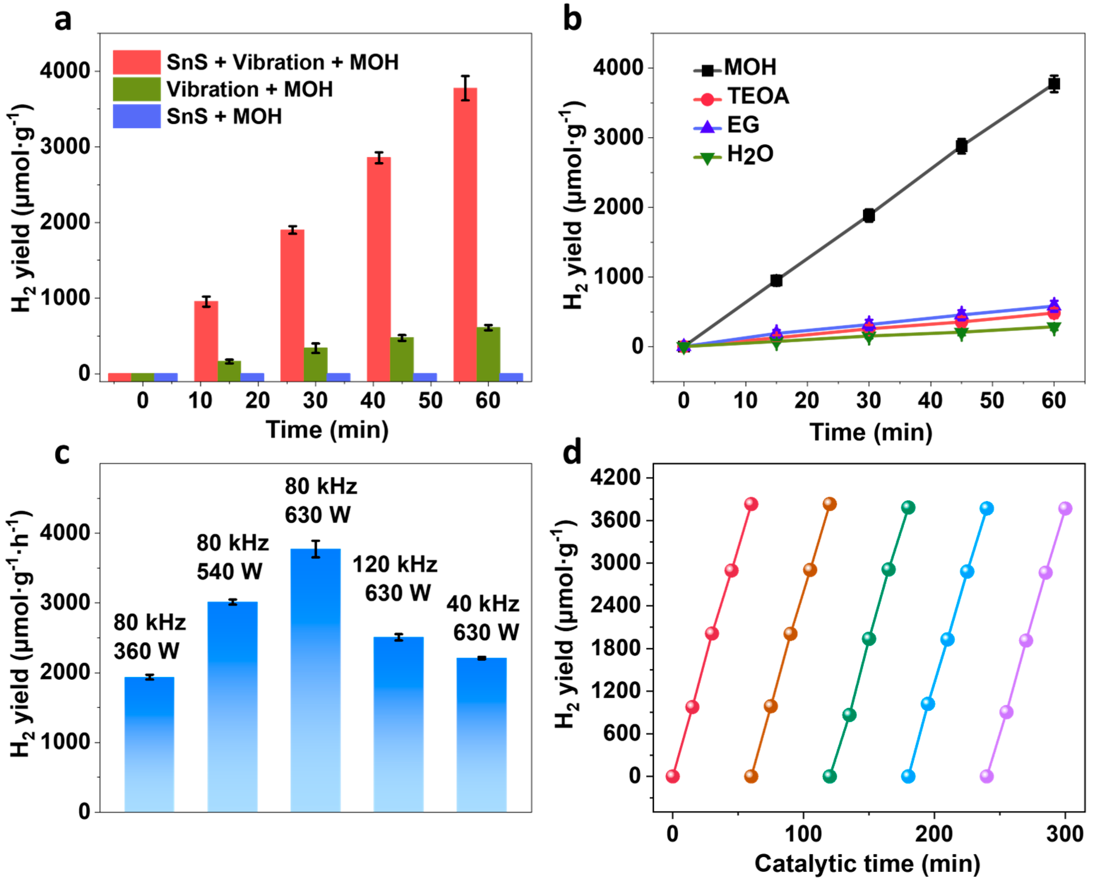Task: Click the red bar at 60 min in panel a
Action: point(465,234)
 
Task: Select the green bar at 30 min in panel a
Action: point(316,364)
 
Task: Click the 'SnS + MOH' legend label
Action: point(224,117)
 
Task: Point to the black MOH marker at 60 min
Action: point(1054,84)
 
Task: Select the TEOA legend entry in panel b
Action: point(743,96)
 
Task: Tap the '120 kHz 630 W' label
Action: point(395,579)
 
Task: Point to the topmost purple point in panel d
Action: point(1065,508)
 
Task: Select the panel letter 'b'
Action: point(573,19)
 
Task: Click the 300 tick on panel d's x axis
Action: point(1065,834)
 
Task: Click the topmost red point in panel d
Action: point(751,504)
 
